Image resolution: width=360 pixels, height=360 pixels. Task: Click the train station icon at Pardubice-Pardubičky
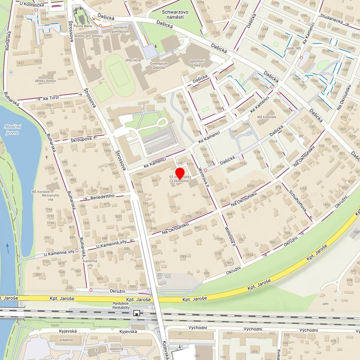(137, 313)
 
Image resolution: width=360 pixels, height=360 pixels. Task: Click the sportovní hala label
(197, 62)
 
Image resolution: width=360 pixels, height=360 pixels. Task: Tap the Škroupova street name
(81, 139)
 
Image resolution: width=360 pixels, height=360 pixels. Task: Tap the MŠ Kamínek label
(266, 117)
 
